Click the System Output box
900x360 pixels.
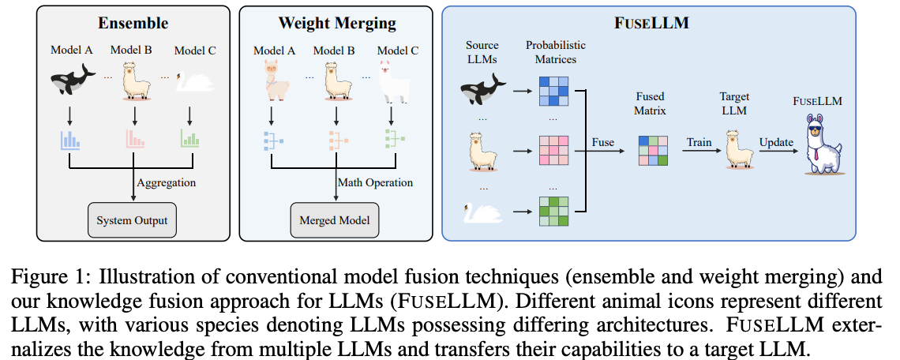132,220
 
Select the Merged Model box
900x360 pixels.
335,220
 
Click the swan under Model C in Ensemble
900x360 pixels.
194,81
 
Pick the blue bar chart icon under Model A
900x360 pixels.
69,140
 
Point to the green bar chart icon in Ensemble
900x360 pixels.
189,138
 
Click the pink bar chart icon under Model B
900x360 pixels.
135,140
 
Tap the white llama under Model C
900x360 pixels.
392,81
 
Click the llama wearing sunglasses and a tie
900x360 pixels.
822,144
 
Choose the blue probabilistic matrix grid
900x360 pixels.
553,92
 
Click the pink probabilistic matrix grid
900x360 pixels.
553,151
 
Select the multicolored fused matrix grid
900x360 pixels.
653,151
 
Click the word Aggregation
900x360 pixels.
167,183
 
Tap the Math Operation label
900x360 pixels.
375,183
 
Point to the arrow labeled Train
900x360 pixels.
701,151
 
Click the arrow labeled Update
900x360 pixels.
778,151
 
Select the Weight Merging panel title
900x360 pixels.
338,24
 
